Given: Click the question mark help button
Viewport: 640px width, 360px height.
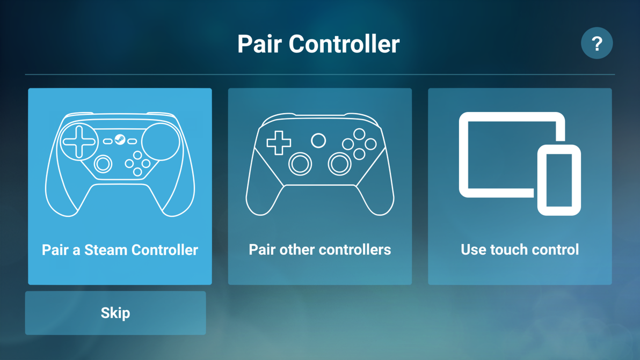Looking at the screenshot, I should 597,43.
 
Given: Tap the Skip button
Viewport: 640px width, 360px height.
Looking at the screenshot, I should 115,313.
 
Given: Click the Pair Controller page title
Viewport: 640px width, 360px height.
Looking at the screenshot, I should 318,43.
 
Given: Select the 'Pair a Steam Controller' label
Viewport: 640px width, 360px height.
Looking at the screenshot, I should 120,249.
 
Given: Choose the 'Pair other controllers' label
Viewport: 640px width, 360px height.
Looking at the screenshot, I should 319,249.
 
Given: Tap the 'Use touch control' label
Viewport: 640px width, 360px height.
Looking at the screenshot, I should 520,249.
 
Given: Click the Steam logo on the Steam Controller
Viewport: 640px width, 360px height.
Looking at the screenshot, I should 120,140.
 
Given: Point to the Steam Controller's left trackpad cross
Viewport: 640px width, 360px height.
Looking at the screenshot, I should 79,142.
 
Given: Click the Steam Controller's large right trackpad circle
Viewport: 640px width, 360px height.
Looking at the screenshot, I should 160,142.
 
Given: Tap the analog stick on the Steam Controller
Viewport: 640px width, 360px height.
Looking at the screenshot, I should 103,164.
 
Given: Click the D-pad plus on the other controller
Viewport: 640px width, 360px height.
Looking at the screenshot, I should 279,143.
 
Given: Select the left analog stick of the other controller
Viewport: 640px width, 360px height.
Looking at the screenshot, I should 300,164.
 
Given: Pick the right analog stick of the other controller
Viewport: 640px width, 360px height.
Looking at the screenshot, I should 339,164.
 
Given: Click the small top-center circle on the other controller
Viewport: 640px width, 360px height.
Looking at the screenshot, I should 318,141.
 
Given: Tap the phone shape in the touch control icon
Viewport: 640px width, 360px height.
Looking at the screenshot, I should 559,180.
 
